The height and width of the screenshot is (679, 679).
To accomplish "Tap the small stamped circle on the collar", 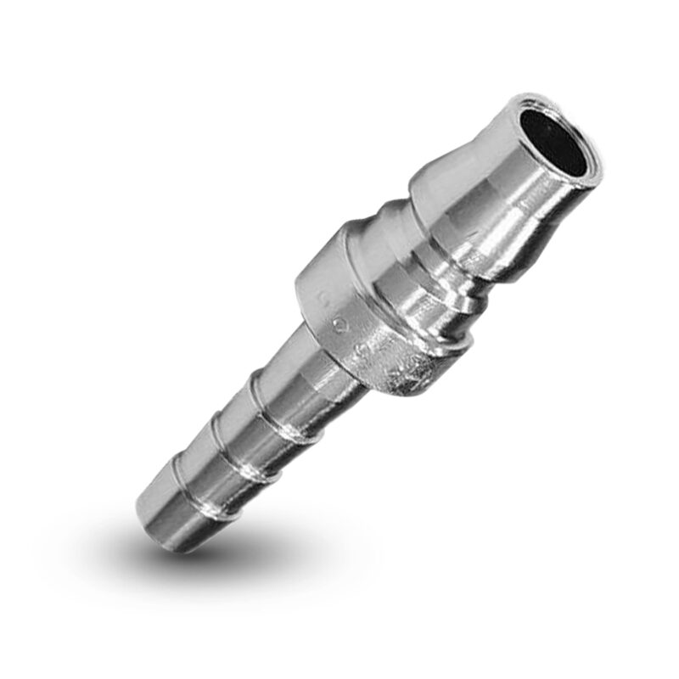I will (x=340, y=323).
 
